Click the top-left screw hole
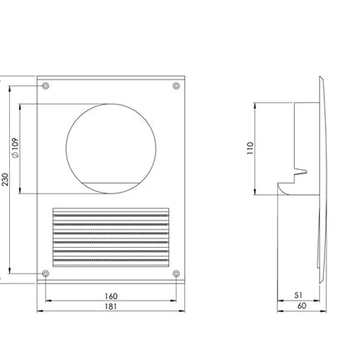[45, 85]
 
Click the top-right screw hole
[176, 85]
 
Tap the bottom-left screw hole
[45, 274]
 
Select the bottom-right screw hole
[176, 274]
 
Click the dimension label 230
[6, 179]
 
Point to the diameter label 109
[16, 148]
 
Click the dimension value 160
[111, 296]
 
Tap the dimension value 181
[111, 306]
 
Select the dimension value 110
[250, 148]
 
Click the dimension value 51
[298, 296]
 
